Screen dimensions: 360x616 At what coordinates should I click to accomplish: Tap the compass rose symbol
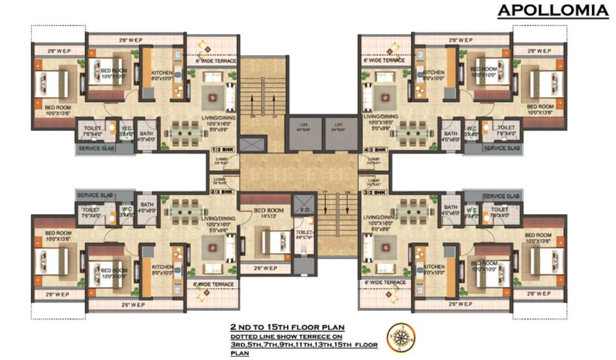(400, 337)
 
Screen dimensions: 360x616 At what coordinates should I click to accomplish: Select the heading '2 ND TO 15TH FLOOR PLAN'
(287, 327)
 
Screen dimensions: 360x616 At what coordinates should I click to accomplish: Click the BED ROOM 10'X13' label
(269, 213)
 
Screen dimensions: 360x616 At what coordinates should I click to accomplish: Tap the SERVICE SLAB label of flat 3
(501, 196)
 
